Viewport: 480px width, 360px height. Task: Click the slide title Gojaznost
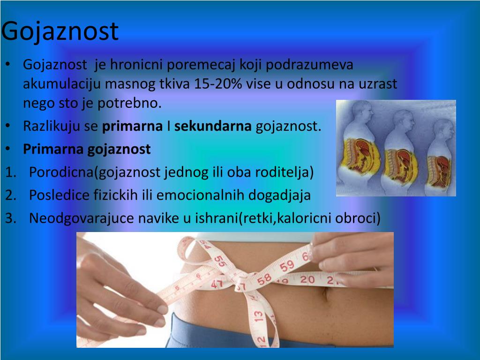60,32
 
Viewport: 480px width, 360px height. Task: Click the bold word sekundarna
213,126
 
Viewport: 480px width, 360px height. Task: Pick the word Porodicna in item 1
61,172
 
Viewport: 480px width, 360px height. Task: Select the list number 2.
11,195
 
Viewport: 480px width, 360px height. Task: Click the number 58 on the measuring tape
264,279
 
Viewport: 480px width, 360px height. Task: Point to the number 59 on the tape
287,266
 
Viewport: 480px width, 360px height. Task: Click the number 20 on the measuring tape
307,279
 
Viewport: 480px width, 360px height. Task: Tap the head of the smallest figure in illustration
443,130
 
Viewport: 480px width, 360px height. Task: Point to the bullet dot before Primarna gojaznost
8,149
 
